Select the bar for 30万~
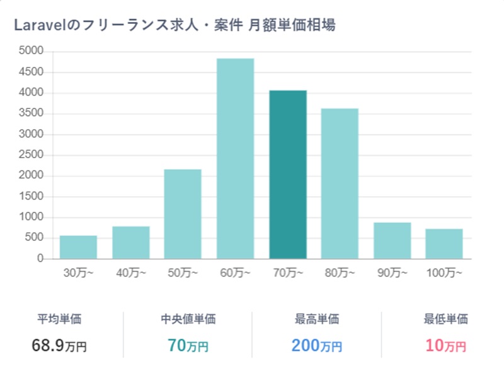(78, 247)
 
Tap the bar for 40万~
(131, 243)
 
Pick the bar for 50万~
(183, 214)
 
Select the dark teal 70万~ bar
(288, 175)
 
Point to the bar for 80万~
(340, 184)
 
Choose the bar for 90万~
(392, 241)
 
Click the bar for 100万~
(444, 244)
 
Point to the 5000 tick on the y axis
(31, 51)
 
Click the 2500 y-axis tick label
(31, 155)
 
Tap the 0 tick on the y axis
(40, 259)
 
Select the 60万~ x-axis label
(235, 274)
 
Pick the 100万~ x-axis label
(444, 274)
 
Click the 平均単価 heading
(59, 320)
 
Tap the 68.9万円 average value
(59, 345)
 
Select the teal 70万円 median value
(188, 345)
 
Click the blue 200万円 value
(317, 345)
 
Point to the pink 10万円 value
(445, 345)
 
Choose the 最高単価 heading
(317, 320)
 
